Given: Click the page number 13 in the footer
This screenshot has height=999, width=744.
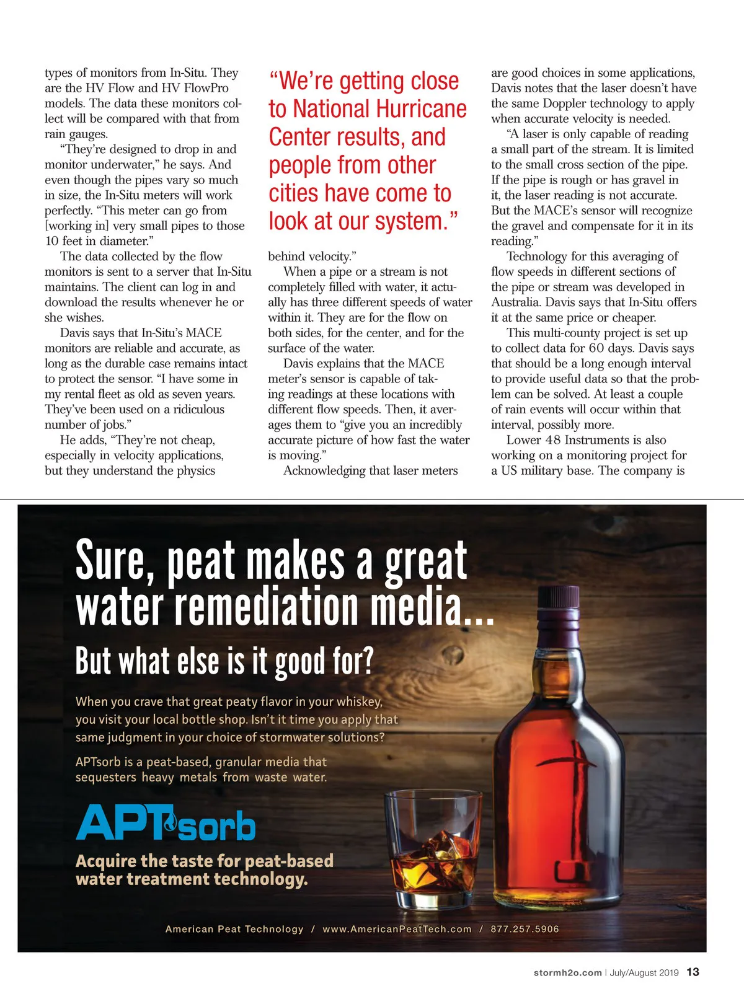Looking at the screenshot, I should [x=693, y=972].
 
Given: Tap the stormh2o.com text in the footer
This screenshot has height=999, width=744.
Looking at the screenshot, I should [x=567, y=973].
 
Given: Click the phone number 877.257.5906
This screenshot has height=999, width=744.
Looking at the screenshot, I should [x=525, y=929].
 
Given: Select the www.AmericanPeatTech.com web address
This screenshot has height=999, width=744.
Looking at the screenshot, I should [x=397, y=929].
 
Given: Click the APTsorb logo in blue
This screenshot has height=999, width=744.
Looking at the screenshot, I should [x=166, y=822].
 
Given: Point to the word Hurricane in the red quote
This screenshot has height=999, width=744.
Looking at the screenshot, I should [x=421, y=109].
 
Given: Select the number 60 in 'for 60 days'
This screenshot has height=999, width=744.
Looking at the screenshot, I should [x=596, y=348].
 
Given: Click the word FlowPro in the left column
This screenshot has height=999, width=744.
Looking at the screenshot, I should [x=206, y=88].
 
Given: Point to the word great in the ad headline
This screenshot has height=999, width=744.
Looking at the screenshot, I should [x=425, y=561].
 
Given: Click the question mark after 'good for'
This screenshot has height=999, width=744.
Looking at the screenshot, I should [x=367, y=661].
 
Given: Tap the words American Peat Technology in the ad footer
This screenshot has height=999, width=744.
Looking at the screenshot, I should [x=234, y=929].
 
